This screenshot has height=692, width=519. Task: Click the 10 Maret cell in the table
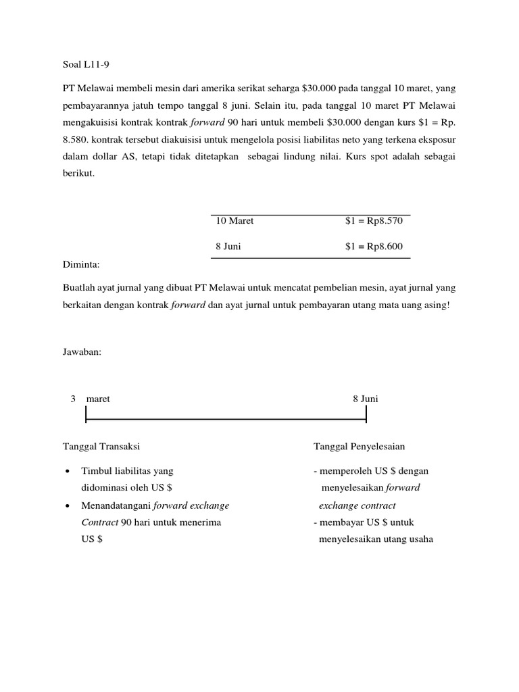click(x=234, y=221)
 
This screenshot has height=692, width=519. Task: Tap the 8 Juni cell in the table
click(x=228, y=247)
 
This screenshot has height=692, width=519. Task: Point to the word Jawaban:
click(x=82, y=351)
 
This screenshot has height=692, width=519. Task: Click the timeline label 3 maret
click(x=91, y=399)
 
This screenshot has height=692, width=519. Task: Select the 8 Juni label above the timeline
click(x=366, y=399)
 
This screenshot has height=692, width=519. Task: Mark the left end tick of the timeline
click(x=86, y=415)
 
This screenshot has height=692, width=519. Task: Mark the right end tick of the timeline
click(x=366, y=415)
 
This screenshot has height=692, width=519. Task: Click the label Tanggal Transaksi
click(x=101, y=447)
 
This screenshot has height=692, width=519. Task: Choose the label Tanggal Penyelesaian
click(x=359, y=447)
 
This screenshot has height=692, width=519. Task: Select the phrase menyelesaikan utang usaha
click(x=376, y=539)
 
